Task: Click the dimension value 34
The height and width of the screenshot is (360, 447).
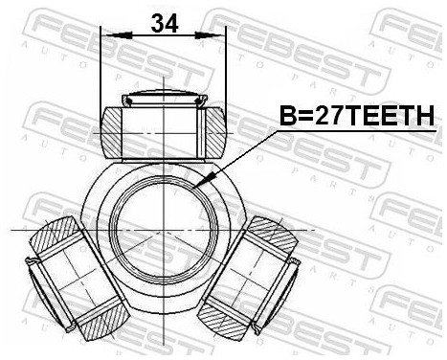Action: click(x=165, y=23)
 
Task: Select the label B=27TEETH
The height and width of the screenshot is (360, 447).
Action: click(x=356, y=117)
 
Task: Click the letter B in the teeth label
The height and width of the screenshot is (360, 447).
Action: click(x=286, y=117)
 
